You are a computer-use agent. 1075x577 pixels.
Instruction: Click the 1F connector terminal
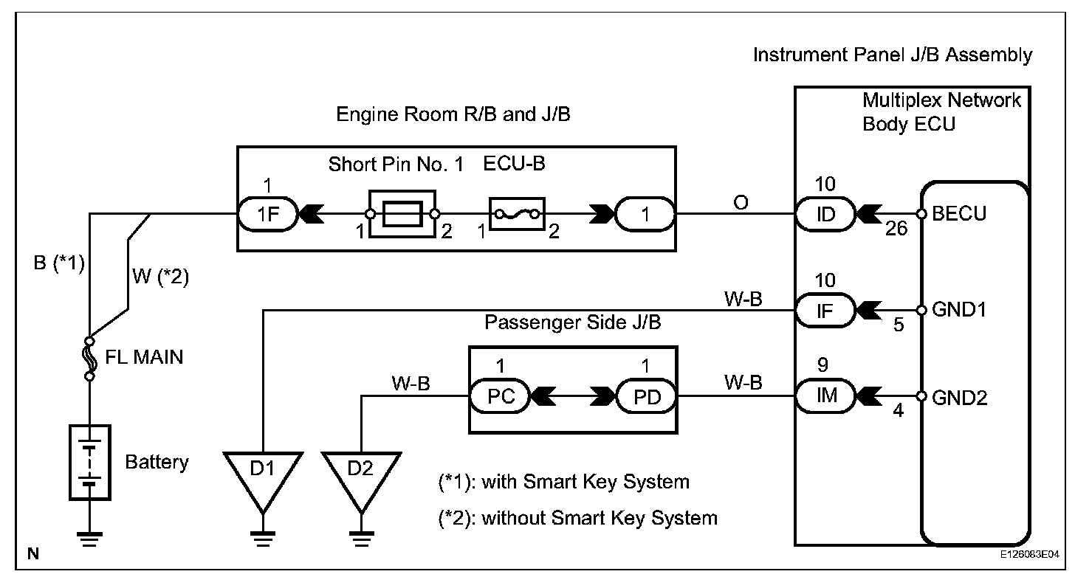point(267,215)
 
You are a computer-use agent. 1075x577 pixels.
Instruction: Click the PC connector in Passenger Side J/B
point(498,396)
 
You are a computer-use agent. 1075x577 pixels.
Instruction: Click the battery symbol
point(89,462)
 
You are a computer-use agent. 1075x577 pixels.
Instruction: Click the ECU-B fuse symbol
point(516,215)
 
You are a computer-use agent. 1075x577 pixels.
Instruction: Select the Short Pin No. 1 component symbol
point(402,215)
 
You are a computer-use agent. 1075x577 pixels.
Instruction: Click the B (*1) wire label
point(60,263)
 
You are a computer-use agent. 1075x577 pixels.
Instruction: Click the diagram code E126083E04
point(1029,553)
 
